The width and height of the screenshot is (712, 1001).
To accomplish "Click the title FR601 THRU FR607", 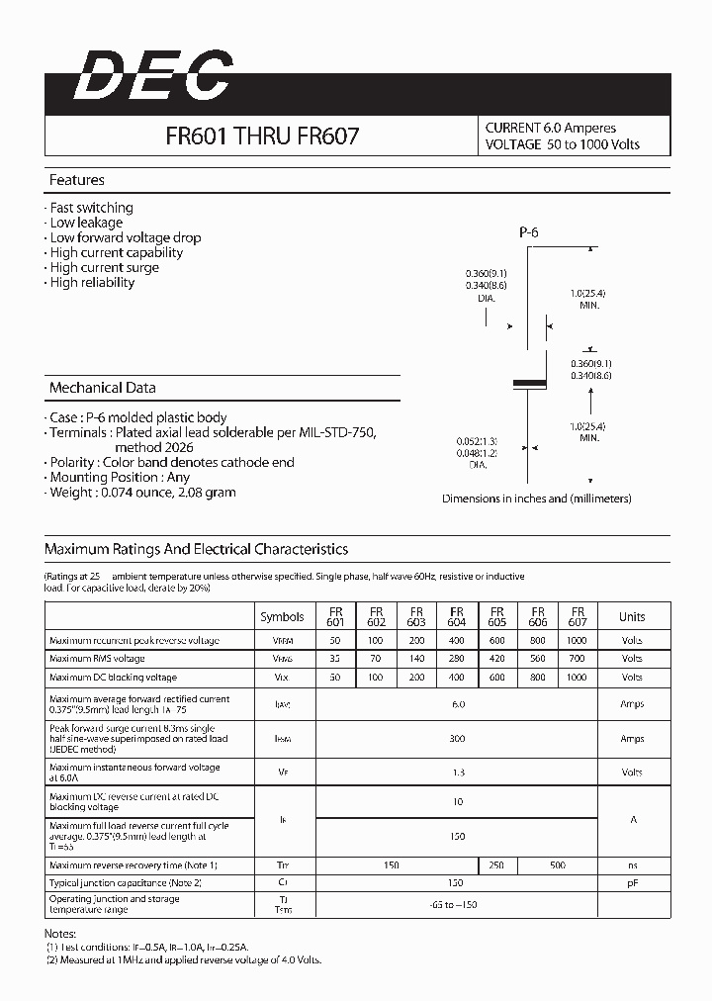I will [262, 136].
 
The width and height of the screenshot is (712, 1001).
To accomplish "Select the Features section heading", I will [77, 181].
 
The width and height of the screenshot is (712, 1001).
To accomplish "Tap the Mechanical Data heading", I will [103, 388].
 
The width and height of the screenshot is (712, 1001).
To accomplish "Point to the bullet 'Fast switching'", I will [91, 208].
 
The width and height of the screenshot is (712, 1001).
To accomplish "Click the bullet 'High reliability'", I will [92, 282].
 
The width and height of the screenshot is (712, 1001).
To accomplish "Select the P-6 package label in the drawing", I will [528, 233].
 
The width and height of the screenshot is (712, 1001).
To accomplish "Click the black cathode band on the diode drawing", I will [528, 382].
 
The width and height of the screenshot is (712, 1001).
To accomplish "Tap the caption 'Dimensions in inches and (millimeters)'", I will [536, 499].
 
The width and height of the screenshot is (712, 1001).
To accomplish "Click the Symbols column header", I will [282, 616].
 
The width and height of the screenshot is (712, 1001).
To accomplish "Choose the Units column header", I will [632, 616].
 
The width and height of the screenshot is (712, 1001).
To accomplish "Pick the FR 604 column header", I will [457, 616].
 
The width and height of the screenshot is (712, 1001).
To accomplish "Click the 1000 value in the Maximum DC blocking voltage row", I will [578, 678].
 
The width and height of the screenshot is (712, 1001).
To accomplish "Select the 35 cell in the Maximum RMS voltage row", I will [335, 659].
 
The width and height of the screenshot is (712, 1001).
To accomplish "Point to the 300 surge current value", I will [457, 739].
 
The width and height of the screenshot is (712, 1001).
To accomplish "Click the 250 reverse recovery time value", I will [496, 865].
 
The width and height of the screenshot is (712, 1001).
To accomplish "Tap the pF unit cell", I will [632, 883].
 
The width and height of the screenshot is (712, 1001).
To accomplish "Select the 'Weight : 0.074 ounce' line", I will [143, 492].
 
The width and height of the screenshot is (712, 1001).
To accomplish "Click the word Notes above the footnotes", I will [61, 934].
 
